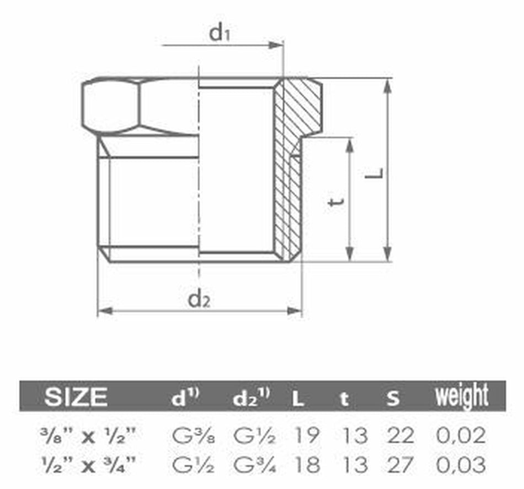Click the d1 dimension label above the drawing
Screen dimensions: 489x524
click(219, 34)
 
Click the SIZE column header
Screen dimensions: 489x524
click(76, 396)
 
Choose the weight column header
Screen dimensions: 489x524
click(462, 396)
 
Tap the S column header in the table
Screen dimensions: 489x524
click(392, 398)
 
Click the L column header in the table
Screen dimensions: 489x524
click(298, 398)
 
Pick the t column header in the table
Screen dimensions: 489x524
click(344, 398)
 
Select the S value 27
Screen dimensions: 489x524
click(400, 464)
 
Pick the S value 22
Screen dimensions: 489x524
click(400, 436)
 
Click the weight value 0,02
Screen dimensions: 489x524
click(461, 436)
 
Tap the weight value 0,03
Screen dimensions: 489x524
click(461, 464)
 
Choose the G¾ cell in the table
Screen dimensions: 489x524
click(252, 464)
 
